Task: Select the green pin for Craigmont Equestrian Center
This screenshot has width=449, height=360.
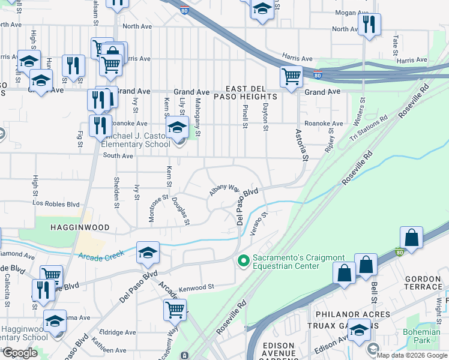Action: click(243, 260)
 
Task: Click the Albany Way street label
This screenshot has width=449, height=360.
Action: click(224, 190)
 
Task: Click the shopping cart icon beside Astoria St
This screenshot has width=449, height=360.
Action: click(291, 76)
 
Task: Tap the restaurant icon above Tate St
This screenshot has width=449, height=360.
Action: click(369, 25)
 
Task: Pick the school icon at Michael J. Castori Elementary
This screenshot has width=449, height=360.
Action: click(177, 128)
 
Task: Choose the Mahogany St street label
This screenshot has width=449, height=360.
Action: click(197, 108)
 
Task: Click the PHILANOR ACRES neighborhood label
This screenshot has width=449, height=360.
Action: click(349, 314)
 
